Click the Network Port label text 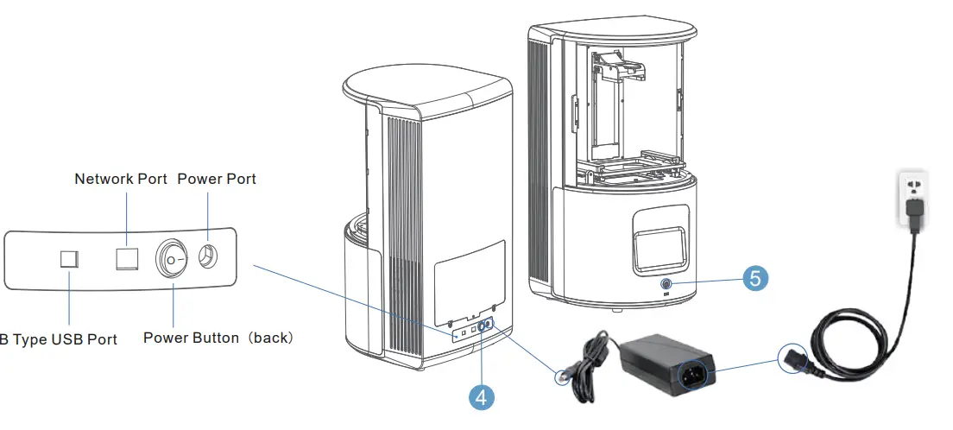pyautogui.click(x=121, y=179)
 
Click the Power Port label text pyautogui.click(x=216, y=179)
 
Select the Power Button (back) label pyautogui.click(x=218, y=338)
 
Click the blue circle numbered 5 pyautogui.click(x=754, y=278)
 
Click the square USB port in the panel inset pyautogui.click(x=70, y=259)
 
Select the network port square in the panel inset pyautogui.click(x=127, y=257)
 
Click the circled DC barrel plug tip pyautogui.click(x=564, y=377)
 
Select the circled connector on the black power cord pyautogui.click(x=792, y=357)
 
